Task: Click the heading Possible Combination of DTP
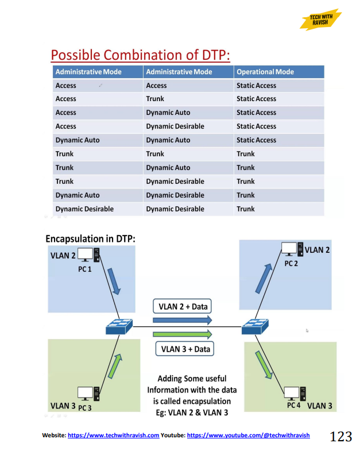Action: tap(140, 55)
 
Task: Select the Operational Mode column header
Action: tap(265, 72)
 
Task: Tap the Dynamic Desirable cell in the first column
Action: tap(84, 209)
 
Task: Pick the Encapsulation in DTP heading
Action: tap(90, 238)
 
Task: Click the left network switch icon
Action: tap(119, 327)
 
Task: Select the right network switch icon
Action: tap(254, 327)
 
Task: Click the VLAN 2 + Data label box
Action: tap(183, 306)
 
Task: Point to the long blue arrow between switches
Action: tap(183, 320)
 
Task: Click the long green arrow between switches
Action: tap(183, 334)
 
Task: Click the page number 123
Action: tap(340, 437)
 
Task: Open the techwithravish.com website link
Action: tap(113, 436)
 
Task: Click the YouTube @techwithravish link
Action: tap(248, 436)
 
